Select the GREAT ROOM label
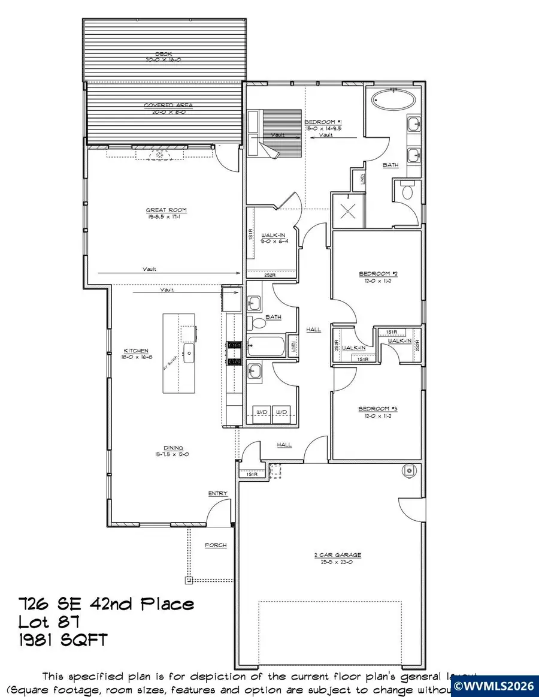click(166, 210)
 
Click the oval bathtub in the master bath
click(393, 99)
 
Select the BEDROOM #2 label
click(374, 273)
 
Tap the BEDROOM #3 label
click(374, 409)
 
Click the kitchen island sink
click(189, 354)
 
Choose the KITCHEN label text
click(136, 351)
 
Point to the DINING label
click(174, 448)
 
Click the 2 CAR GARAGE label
click(340, 555)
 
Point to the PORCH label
click(216, 545)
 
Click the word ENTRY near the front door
click(217, 493)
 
